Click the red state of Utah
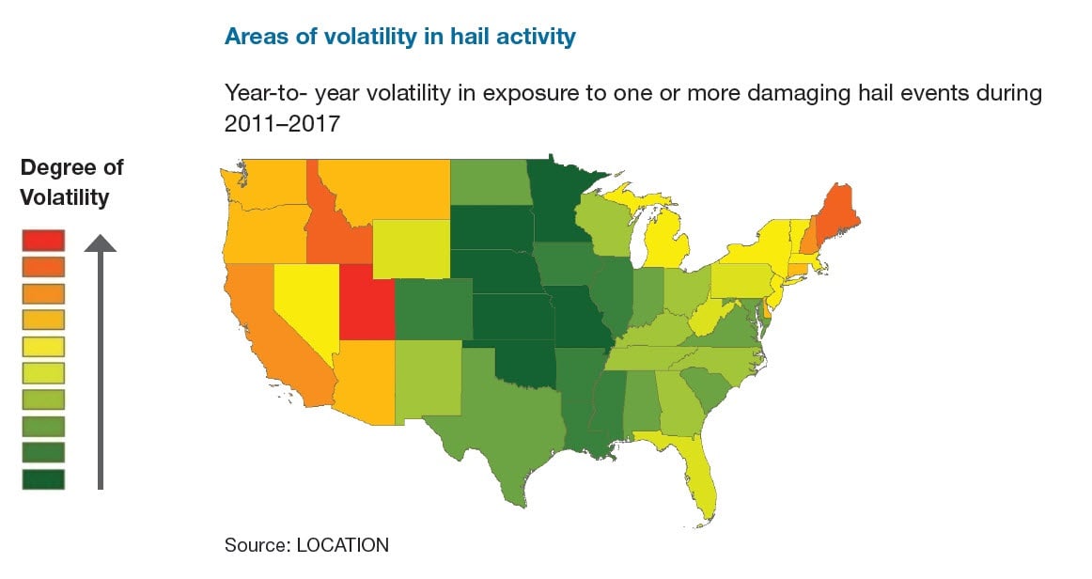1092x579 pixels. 365,303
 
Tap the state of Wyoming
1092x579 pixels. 411,250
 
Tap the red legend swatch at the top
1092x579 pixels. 43,241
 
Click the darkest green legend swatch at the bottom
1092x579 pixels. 43,478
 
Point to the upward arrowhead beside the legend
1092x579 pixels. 100,243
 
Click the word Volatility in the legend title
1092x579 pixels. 65,197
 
